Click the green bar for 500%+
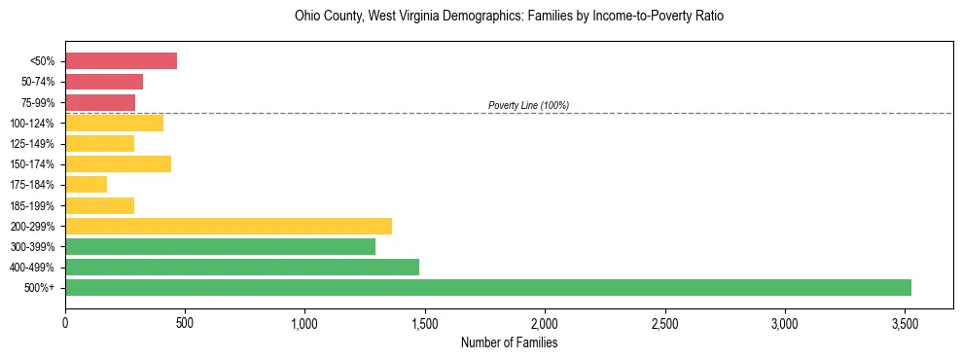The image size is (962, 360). pyautogui.click(x=486, y=287)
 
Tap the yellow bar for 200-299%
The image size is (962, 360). pyautogui.click(x=228, y=226)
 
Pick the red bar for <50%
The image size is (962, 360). pyautogui.click(x=121, y=61)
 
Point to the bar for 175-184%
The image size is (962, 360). pyautogui.click(x=86, y=185)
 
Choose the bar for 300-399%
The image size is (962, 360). pyautogui.click(x=220, y=246)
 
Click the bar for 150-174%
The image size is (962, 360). pyautogui.click(x=118, y=164)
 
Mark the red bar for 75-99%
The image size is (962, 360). pyautogui.click(x=99, y=102)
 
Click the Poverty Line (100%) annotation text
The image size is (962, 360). pyautogui.click(x=528, y=105)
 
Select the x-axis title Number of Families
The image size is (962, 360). pyautogui.click(x=509, y=342)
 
